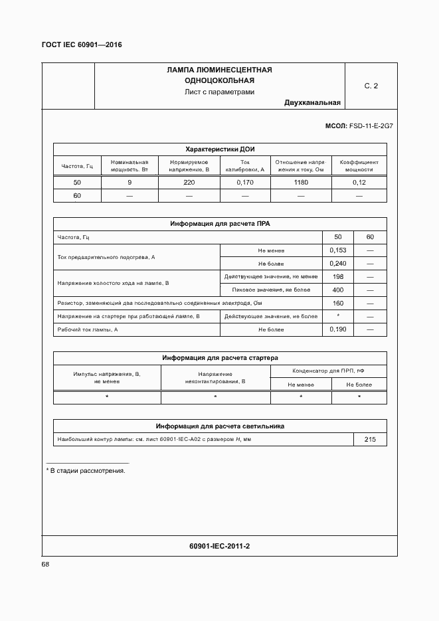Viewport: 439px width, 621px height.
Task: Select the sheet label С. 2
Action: [371, 86]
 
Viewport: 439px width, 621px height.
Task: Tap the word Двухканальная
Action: [312, 102]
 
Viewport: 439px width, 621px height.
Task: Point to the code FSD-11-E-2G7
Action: [371, 126]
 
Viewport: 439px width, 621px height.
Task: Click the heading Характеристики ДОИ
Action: [220, 149]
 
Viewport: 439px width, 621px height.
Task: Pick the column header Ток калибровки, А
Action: [245, 165]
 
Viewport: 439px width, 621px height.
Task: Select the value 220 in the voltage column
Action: [189, 182]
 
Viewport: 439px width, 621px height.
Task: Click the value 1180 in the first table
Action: [301, 182]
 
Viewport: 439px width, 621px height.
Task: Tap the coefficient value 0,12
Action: [359, 182]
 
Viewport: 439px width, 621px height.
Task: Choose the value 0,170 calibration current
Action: [245, 182]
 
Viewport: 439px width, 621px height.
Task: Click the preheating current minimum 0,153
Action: [338, 250]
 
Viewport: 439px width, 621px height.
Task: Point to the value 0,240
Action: [338, 263]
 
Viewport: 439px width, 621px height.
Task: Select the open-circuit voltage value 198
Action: [338, 276]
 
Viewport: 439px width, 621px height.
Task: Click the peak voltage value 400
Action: [338, 290]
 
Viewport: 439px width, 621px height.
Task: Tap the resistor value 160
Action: [338, 303]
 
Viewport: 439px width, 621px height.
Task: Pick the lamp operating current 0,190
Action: [338, 329]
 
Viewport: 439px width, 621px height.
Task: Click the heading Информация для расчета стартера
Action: [220, 358]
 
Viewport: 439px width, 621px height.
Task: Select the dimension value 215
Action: [370, 440]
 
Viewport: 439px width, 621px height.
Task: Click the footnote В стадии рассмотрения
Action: [88, 470]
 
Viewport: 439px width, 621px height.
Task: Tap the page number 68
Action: [46, 564]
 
